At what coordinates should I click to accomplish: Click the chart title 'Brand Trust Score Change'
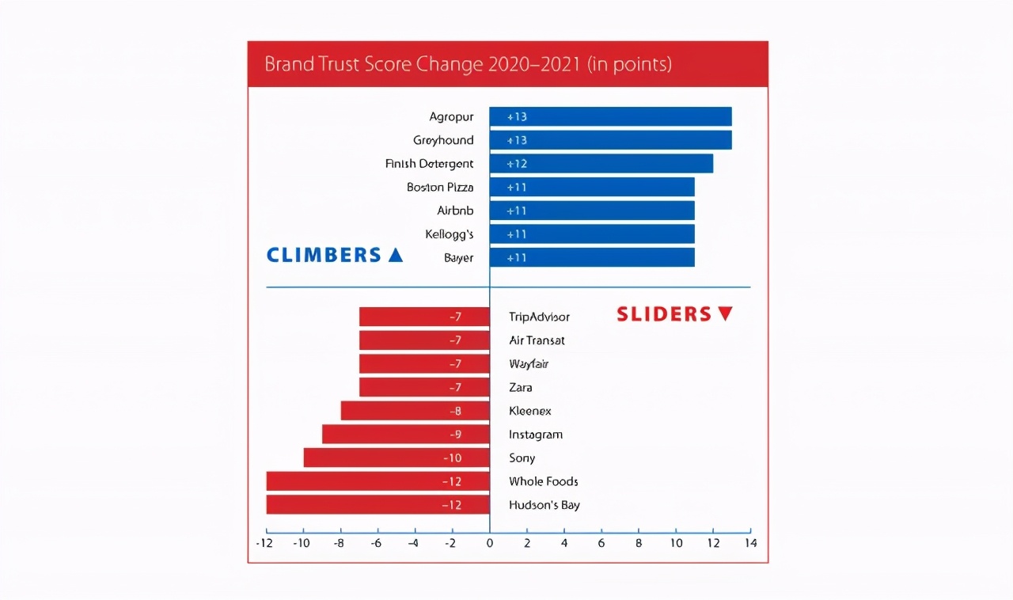(x=468, y=64)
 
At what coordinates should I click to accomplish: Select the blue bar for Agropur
(x=610, y=116)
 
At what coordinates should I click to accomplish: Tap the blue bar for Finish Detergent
(x=601, y=164)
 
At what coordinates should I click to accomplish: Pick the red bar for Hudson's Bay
(x=378, y=505)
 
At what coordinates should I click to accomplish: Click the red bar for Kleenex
(x=415, y=411)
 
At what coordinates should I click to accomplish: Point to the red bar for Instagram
(x=405, y=435)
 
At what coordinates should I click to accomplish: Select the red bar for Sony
(x=396, y=458)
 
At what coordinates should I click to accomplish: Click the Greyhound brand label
(x=443, y=140)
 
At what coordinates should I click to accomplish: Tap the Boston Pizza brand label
(x=440, y=188)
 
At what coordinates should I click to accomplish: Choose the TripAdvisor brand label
(x=539, y=317)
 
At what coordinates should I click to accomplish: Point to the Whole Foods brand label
(x=543, y=481)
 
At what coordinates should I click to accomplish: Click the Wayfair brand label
(x=529, y=364)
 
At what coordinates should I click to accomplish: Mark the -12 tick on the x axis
(x=265, y=544)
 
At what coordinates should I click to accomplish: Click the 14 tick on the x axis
(x=750, y=544)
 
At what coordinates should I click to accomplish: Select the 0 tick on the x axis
(x=489, y=544)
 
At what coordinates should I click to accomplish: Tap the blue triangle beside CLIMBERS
(x=395, y=255)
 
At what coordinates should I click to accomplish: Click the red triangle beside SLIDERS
(x=725, y=314)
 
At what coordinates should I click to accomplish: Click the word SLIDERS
(x=663, y=314)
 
